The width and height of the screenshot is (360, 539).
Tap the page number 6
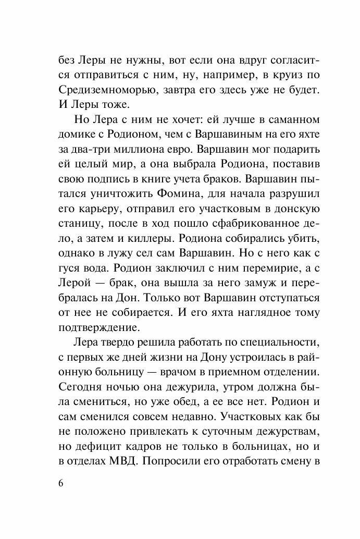tap(61, 483)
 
